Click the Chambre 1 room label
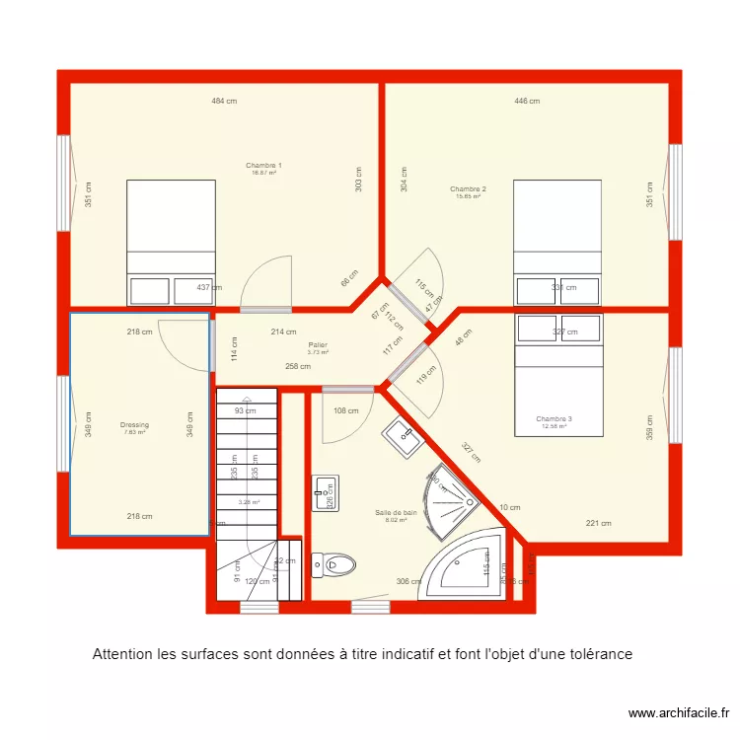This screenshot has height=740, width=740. coord(263,165)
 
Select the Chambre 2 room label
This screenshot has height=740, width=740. coord(468,188)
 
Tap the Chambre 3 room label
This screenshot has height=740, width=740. coord(554,419)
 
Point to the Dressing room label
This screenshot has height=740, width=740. coord(134,425)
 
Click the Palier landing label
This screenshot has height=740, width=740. coord(317,345)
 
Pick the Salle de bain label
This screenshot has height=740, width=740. coord(396,513)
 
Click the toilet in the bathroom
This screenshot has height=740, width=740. coord(331,565)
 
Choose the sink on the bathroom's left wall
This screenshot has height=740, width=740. coord(327,491)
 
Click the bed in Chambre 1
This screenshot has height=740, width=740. coord(171,242)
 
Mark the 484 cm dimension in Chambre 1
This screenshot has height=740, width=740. coord(223,101)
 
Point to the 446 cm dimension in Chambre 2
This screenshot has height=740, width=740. coord(526,101)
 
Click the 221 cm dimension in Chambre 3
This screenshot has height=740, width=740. coord(599,523)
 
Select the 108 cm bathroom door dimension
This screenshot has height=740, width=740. coord(345,410)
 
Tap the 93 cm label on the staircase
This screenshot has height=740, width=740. coord(244,410)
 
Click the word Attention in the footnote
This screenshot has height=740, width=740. coord(125,654)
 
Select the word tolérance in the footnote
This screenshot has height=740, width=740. coord(597,654)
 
